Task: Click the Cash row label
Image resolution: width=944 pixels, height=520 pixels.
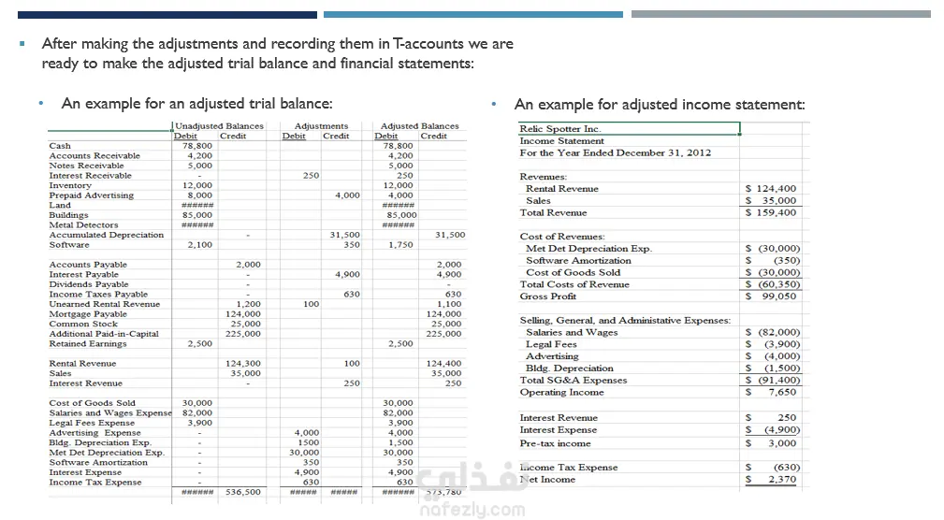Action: point(60,146)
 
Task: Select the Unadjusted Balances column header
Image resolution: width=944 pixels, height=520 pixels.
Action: point(219,126)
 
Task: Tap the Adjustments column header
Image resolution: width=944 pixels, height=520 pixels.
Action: point(321,126)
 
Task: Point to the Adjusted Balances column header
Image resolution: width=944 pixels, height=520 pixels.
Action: point(419,126)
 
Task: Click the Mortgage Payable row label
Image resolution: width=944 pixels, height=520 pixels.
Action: point(88,314)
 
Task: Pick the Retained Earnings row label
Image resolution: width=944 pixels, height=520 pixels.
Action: point(89,343)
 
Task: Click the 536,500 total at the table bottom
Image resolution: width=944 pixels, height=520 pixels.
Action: point(243,492)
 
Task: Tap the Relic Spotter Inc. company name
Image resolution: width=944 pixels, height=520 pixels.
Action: point(559,129)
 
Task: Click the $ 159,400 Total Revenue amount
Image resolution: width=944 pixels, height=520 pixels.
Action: point(771,212)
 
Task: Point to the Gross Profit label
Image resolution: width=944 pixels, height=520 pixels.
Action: point(548,296)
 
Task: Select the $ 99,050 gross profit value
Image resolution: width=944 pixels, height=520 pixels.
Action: point(772,296)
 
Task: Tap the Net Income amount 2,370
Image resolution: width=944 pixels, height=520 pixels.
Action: point(781,480)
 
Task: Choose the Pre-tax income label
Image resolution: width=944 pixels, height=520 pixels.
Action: point(555,443)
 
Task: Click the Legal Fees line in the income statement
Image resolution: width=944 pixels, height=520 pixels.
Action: point(551,344)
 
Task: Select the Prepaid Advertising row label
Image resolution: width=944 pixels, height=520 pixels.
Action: point(91,195)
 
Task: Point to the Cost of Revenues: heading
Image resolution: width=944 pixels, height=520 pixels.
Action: point(562,237)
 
